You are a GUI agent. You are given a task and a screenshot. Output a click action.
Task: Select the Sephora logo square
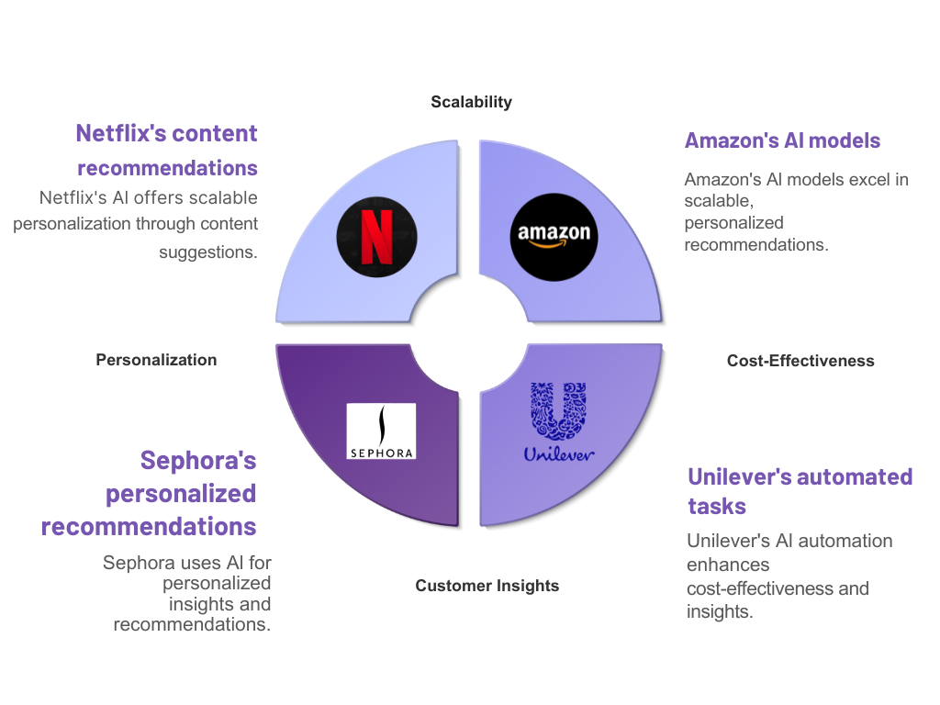click(381, 431)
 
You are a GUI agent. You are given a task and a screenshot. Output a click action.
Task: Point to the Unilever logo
click(559, 423)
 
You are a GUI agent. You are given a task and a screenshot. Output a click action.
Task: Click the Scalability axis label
click(471, 102)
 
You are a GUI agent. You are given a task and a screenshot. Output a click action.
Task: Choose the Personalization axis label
click(156, 360)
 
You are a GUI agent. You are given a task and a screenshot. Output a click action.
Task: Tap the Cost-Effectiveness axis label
click(800, 361)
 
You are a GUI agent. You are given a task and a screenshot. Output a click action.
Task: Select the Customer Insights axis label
click(487, 586)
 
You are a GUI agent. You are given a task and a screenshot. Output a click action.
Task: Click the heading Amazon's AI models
click(782, 140)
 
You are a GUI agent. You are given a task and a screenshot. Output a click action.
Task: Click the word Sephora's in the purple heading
click(197, 459)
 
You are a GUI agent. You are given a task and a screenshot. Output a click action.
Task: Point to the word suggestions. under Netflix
click(207, 252)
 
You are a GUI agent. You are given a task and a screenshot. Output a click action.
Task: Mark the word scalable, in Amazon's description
click(719, 201)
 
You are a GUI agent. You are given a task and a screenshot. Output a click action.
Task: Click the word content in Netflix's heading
click(216, 133)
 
